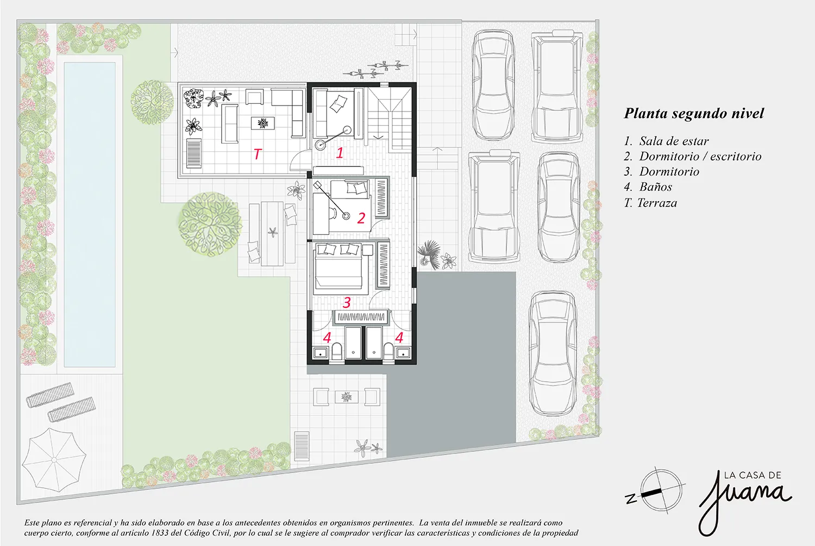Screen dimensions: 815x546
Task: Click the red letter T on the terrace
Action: click(x=258, y=154)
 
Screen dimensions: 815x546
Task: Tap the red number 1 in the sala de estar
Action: click(x=340, y=153)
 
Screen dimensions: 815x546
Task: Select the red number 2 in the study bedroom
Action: click(x=361, y=218)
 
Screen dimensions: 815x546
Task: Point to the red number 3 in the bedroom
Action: click(x=347, y=302)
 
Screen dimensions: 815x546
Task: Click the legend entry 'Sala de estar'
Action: click(x=674, y=141)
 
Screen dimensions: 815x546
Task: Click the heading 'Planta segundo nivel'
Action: click(x=694, y=113)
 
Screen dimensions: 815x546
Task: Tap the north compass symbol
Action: click(x=655, y=491)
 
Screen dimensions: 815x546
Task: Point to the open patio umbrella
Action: click(x=54, y=460)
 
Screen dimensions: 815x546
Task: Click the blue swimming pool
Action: click(x=90, y=214)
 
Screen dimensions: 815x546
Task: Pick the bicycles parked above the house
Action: click(x=376, y=69)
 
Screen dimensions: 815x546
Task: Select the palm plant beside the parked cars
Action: click(x=428, y=254)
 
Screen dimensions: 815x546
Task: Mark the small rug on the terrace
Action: click(x=262, y=123)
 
